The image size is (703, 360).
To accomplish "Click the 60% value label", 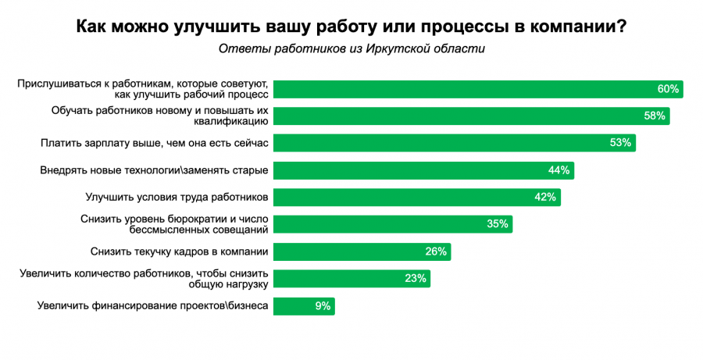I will click(668, 89).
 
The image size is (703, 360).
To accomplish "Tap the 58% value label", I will click(655, 116).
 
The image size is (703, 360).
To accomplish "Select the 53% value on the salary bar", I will click(620, 143).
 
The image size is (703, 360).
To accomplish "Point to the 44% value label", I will click(559, 170).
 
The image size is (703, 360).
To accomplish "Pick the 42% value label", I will click(545, 198).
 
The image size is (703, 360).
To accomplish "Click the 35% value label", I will click(498, 224).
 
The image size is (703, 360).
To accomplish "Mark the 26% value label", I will click(436, 251).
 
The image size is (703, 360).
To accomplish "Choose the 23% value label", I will click(416, 278).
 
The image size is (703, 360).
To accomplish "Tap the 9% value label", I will click(323, 305).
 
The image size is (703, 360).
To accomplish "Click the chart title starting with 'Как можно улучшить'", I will click(351, 27).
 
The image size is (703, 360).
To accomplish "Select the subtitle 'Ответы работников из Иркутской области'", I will click(351, 49).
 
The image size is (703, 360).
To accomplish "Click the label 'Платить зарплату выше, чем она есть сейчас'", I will click(155, 143).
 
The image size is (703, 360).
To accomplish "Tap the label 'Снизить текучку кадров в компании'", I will click(180, 251).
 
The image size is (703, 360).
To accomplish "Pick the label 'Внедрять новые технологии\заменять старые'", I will click(155, 170).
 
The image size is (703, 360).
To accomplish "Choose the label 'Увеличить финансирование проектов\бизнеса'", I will click(153, 305).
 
